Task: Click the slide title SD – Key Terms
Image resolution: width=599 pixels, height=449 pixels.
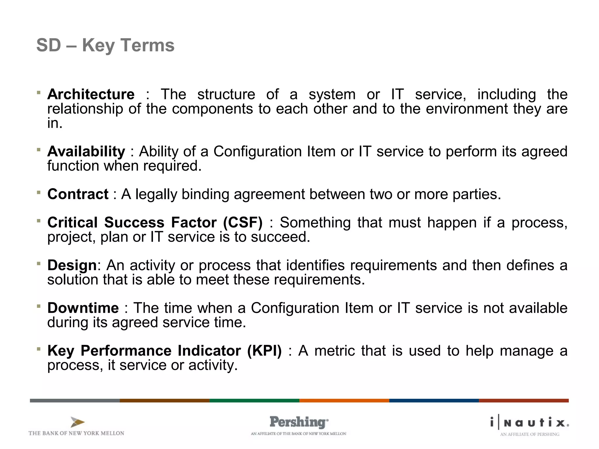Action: [105, 45]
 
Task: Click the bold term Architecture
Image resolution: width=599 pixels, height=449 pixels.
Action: [91, 94]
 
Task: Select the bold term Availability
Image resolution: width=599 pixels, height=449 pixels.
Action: [86, 151]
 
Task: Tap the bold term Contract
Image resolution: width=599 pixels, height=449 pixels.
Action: [78, 194]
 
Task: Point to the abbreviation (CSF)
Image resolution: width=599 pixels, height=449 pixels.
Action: [243, 222]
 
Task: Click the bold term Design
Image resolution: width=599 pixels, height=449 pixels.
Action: [72, 265]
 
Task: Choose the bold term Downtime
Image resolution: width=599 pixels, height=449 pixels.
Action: [83, 308]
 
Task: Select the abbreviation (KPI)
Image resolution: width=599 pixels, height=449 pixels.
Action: [264, 350]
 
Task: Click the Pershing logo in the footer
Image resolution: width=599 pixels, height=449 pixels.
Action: [299, 422]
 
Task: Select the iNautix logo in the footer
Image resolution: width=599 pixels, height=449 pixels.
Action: [529, 423]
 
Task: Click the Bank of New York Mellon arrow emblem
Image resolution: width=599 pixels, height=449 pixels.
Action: [77, 422]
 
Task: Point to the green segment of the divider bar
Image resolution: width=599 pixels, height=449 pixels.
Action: [254, 400]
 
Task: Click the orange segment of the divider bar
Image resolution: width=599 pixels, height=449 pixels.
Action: [344, 400]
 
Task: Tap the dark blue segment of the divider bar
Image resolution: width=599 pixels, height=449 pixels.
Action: [434, 400]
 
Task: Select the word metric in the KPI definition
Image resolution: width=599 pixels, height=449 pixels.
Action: [334, 351]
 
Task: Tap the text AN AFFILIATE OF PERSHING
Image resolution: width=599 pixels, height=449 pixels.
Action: [529, 434]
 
